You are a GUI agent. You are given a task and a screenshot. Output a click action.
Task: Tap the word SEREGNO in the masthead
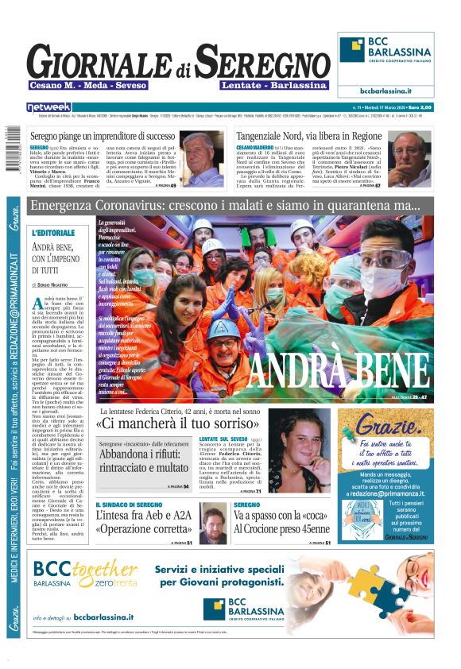point(262,63)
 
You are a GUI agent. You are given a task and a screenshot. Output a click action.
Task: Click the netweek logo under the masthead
point(48,106)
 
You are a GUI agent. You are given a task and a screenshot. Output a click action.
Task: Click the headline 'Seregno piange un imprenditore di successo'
point(116,136)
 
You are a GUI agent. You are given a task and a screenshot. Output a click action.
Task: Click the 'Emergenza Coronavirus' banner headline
point(224,207)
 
